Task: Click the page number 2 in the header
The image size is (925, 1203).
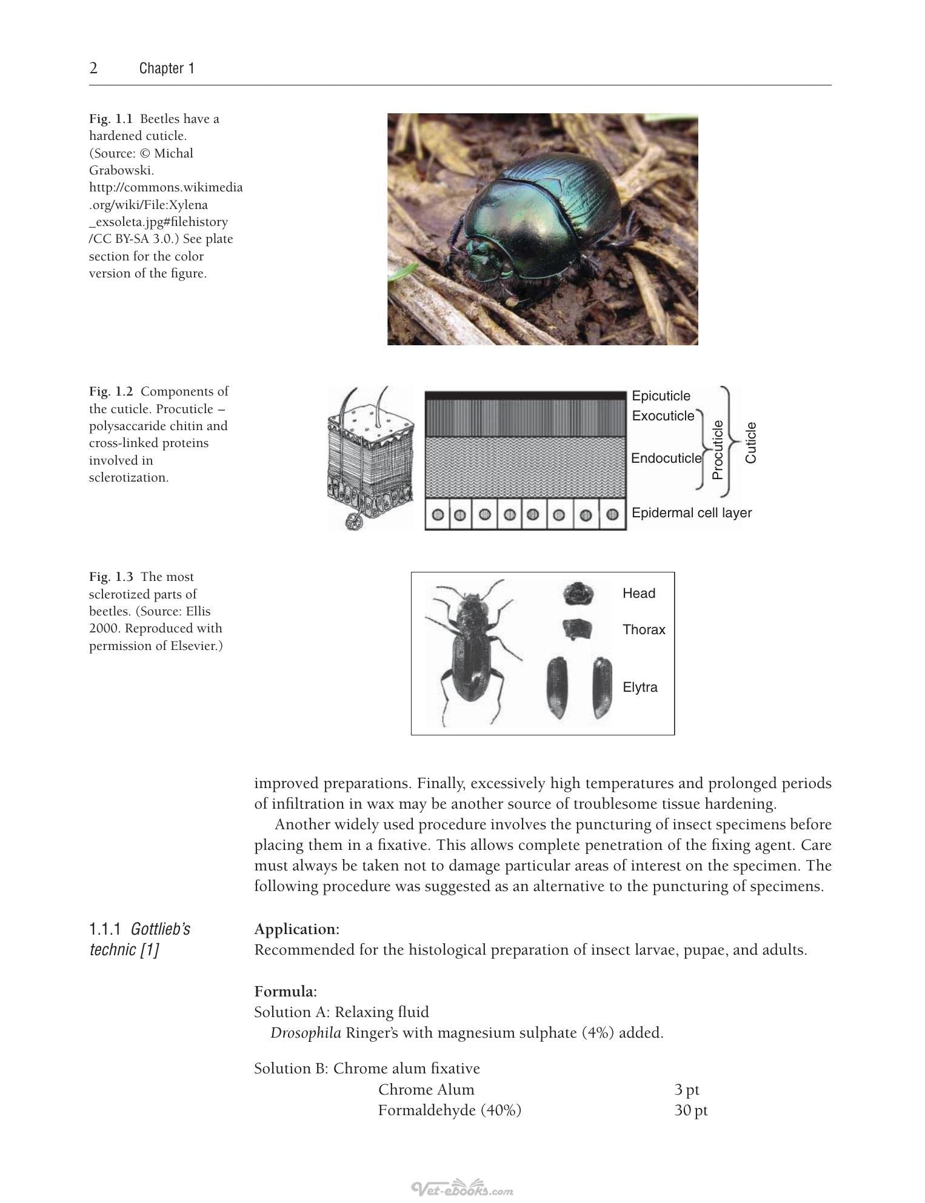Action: coord(93,68)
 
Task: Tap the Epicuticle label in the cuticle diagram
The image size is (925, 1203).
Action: coord(661,396)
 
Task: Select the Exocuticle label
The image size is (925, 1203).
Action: coord(663,416)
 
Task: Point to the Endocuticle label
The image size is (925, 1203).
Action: coord(666,458)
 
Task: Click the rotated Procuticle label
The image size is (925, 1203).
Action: coord(718,450)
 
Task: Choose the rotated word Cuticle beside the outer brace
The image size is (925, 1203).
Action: coord(750,443)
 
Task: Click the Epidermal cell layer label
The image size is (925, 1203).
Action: coord(692,513)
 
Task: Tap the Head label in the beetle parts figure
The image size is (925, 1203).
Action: coord(639,593)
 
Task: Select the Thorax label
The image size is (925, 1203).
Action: coord(644,630)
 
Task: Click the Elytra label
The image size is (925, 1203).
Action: coord(640,688)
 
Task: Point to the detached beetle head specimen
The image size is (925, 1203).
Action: coord(578,594)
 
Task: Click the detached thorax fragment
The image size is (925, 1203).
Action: coord(577,630)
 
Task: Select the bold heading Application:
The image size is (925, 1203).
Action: coord(297,929)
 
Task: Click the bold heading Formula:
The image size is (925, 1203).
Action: coord(286,992)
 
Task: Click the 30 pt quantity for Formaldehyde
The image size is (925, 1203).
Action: coord(691,1110)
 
